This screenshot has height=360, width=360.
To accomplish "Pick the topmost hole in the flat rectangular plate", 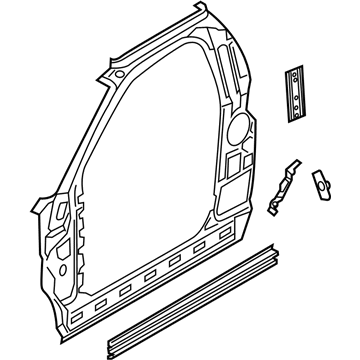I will coord(297,73).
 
